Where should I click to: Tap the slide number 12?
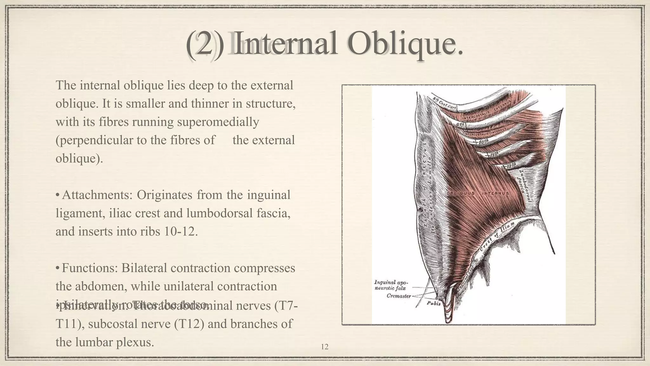[x=325, y=347]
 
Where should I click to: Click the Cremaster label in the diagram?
[x=398, y=296]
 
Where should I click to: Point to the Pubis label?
[x=434, y=303]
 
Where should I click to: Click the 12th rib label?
[x=511, y=165]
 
